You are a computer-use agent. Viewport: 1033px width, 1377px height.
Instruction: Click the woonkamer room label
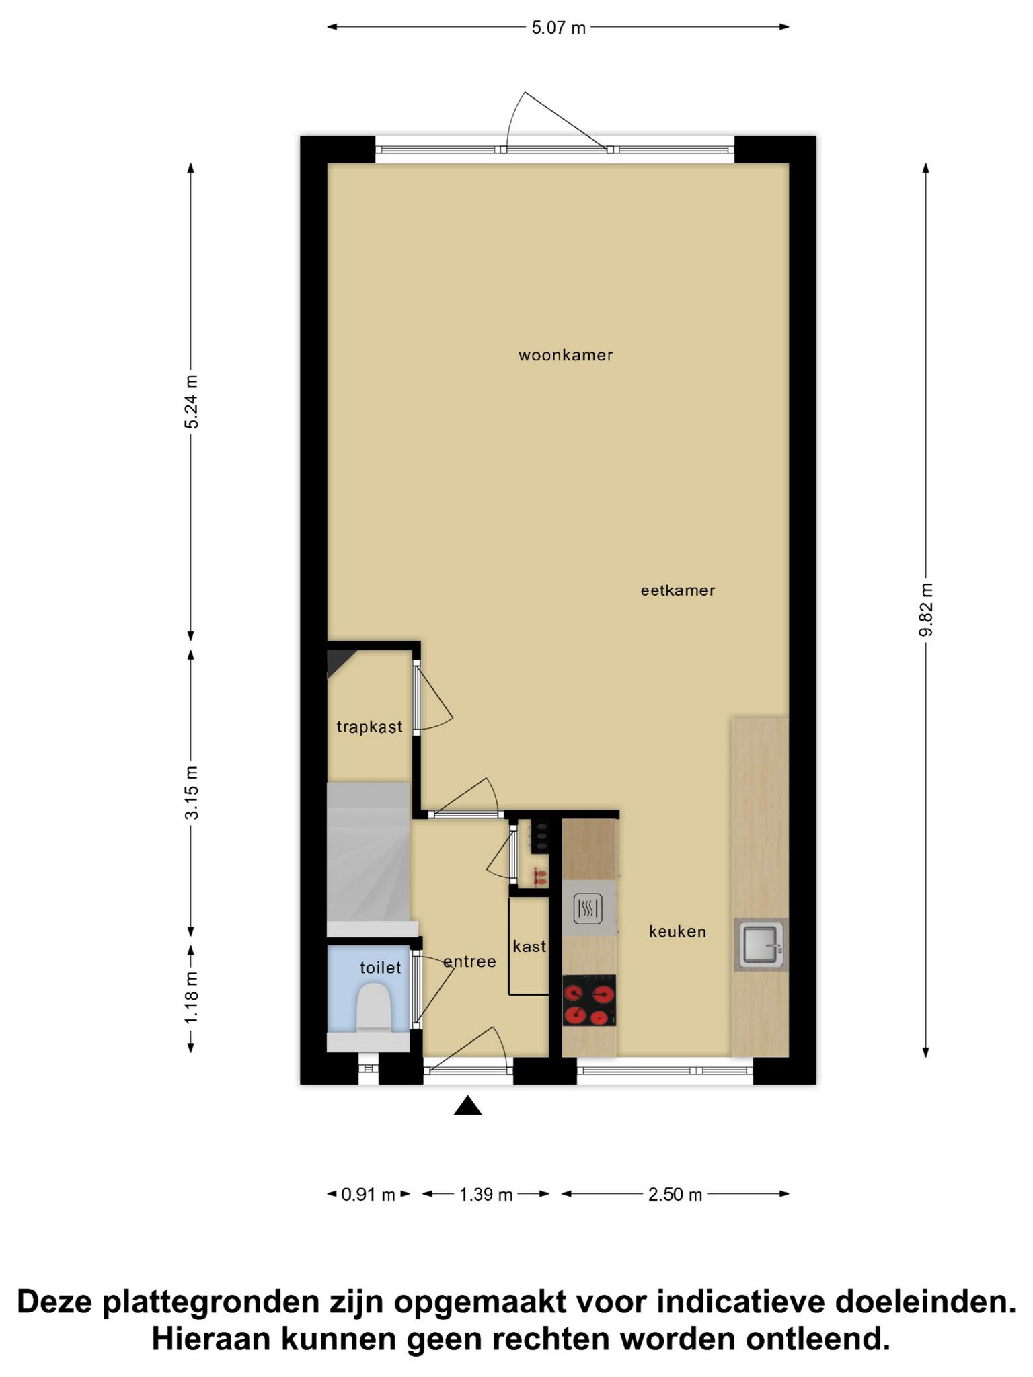coord(566,355)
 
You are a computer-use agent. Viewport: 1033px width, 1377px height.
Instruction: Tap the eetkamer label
coord(677,590)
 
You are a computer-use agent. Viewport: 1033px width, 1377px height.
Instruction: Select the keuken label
coord(677,931)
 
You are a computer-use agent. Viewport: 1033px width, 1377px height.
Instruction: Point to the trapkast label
coord(369,726)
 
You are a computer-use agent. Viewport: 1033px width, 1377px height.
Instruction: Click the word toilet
coord(380,968)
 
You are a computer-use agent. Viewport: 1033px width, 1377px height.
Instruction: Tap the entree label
coord(469,961)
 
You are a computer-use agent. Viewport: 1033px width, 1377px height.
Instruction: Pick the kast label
coord(529,946)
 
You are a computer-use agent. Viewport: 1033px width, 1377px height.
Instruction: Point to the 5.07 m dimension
coord(558,28)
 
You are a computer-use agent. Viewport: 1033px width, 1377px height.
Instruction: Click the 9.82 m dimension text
coord(926,609)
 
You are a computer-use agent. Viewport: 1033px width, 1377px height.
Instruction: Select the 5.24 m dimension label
coord(192,401)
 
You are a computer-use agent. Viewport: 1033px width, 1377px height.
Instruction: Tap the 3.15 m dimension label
coord(192,793)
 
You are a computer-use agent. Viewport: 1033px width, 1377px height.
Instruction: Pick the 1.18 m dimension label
coord(192,998)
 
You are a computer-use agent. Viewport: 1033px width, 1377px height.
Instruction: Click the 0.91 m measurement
coord(368,1195)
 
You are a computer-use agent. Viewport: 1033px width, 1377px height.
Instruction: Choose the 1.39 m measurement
coord(486,1195)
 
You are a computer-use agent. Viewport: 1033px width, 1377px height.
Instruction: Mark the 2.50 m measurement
coord(675,1195)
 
